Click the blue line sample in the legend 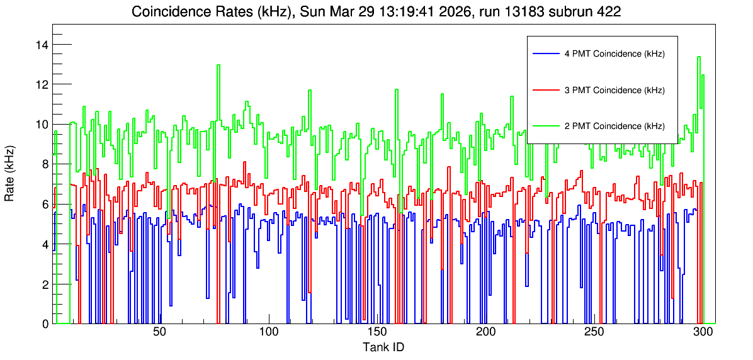[x=545, y=53]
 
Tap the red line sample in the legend [x=545, y=90]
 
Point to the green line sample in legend [x=545, y=126]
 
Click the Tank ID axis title [x=383, y=347]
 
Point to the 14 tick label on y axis [x=42, y=45]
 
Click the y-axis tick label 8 [x=45, y=164]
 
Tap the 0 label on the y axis [x=45, y=324]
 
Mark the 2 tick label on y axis [x=45, y=284]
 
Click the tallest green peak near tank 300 [x=699, y=57]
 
